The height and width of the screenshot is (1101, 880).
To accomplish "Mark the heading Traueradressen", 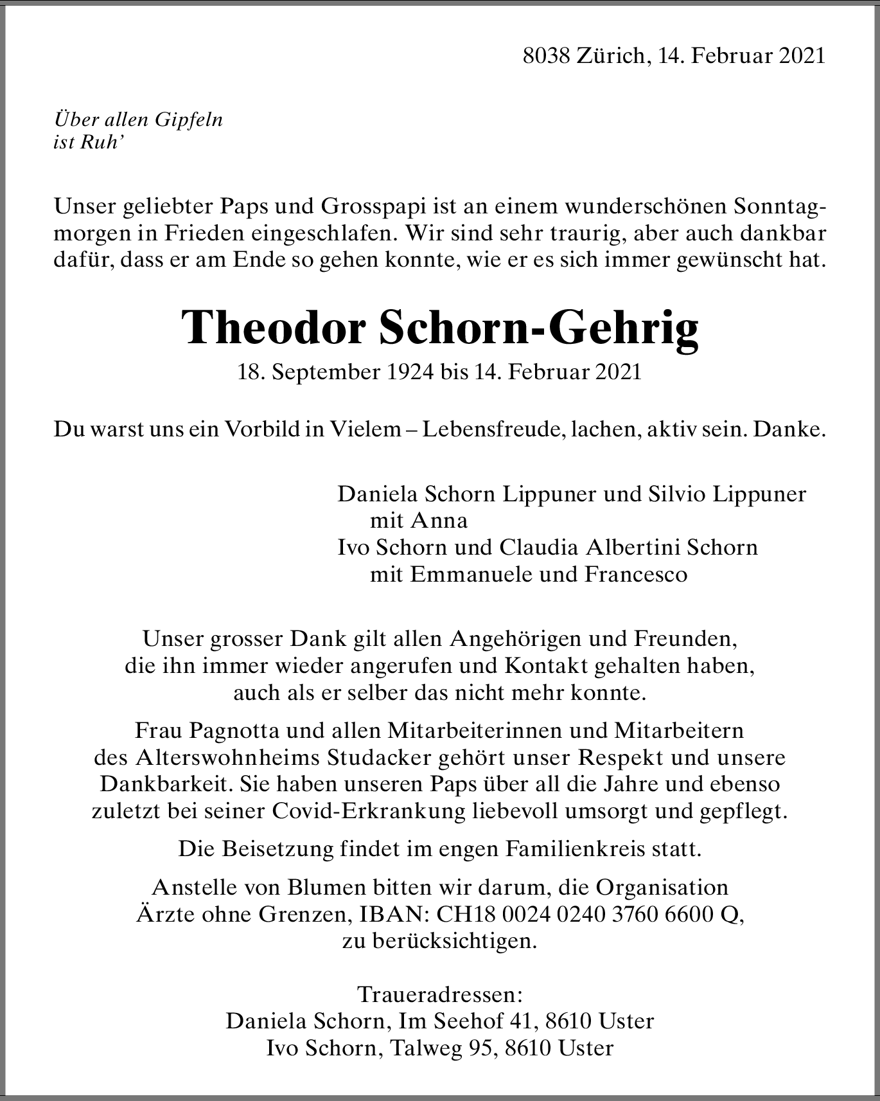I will point(440,994).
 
